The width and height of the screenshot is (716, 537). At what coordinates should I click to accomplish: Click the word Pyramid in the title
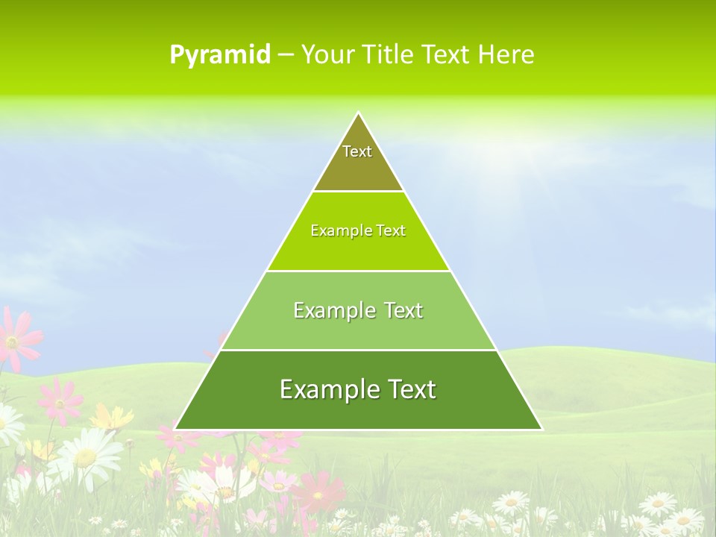click(x=220, y=55)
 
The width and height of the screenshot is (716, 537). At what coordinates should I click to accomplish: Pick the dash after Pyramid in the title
click(x=285, y=55)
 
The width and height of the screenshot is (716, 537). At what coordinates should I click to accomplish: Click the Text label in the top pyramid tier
click(x=357, y=151)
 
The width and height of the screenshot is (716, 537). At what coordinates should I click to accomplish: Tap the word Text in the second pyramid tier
click(x=392, y=231)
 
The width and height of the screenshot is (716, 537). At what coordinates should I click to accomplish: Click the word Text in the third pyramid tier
click(x=403, y=311)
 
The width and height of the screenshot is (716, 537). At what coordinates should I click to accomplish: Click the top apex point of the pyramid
click(x=358, y=113)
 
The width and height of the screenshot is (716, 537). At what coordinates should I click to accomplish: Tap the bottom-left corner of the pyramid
click(x=175, y=429)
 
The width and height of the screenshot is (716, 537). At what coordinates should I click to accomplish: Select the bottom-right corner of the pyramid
click(x=541, y=429)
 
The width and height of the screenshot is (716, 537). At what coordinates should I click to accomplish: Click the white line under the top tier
click(x=358, y=192)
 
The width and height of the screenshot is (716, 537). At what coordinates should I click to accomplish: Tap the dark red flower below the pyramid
click(x=317, y=492)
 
